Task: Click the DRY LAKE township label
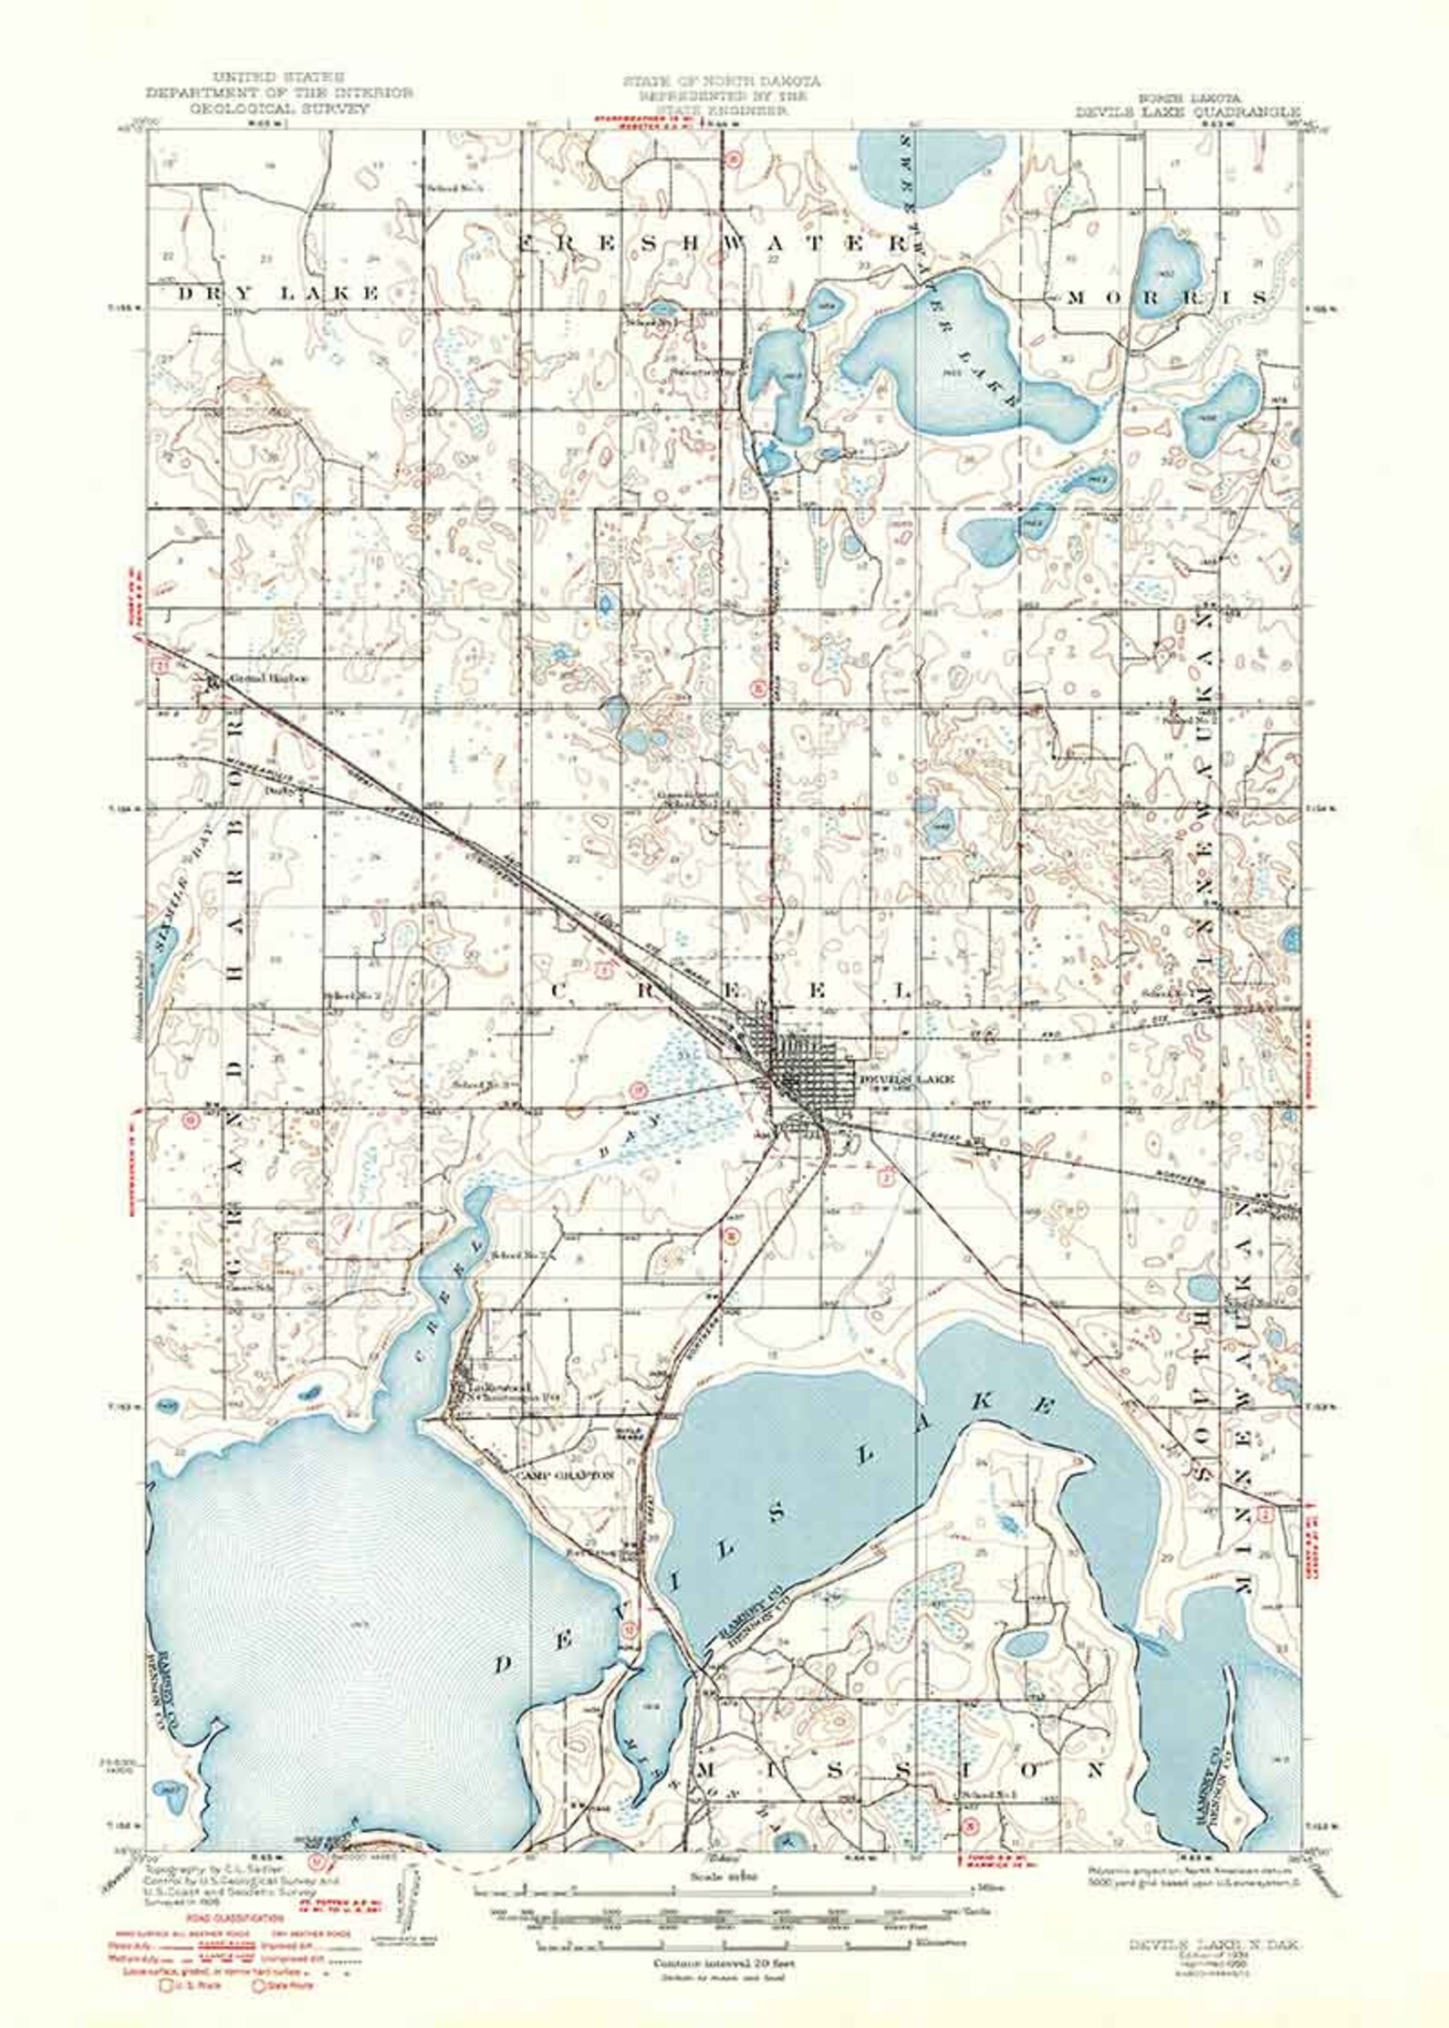tap(277, 293)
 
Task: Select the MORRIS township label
tap(1167, 298)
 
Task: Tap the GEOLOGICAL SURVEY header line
tap(279, 108)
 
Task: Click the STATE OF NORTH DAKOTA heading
tap(722, 81)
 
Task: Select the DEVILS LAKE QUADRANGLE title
tap(1187, 111)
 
